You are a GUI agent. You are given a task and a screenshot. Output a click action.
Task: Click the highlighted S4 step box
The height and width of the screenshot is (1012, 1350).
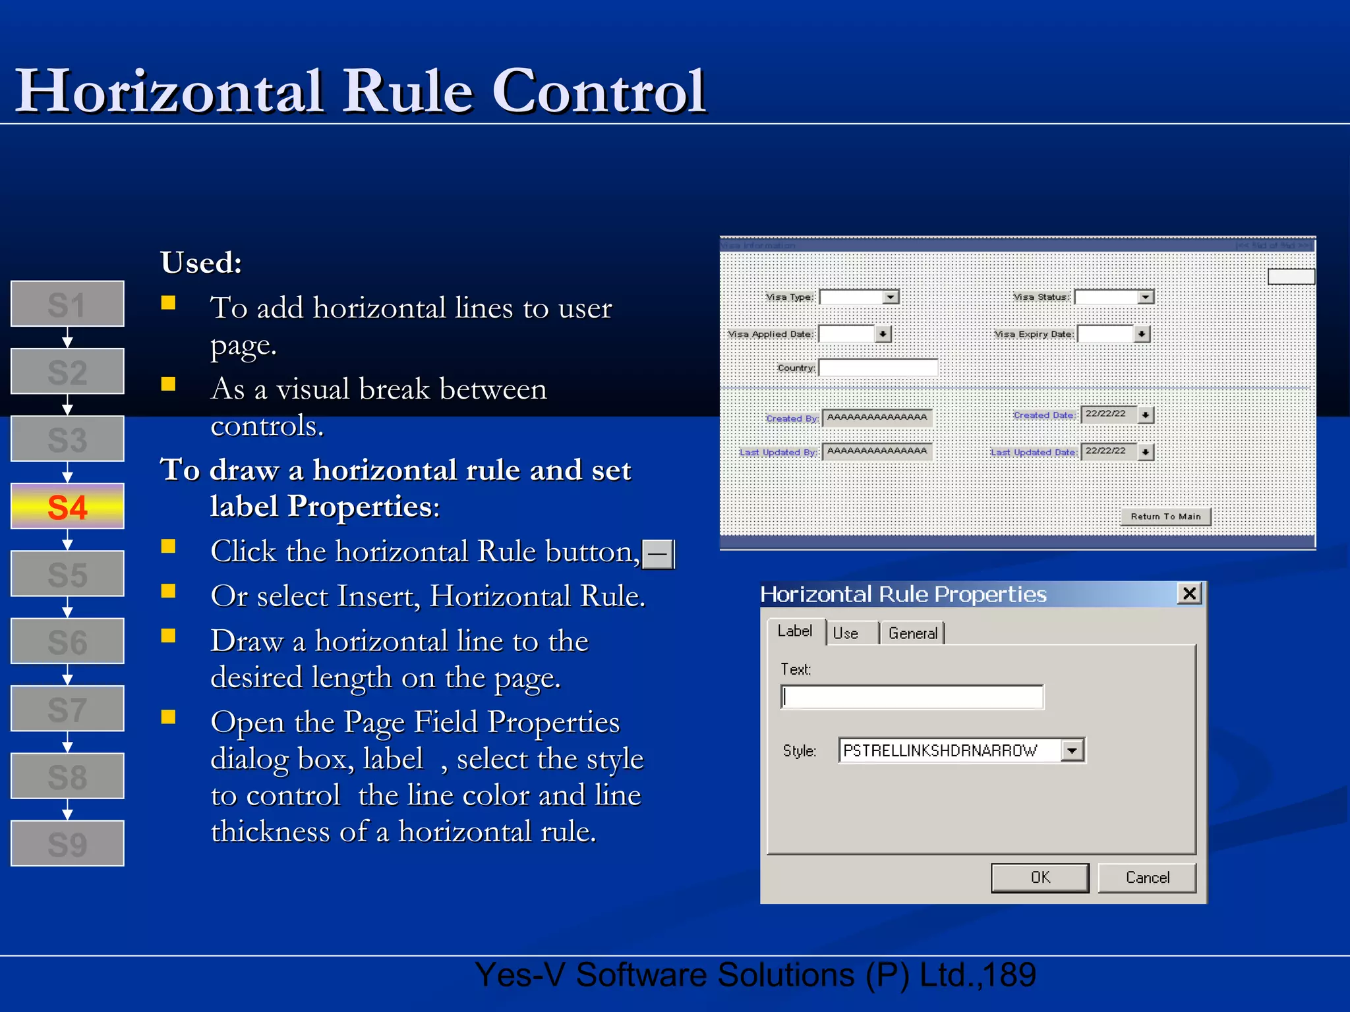coord(67,506)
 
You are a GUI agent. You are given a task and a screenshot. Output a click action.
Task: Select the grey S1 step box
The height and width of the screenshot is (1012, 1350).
coord(67,304)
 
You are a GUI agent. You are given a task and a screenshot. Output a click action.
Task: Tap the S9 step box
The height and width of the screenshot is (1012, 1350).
coord(67,843)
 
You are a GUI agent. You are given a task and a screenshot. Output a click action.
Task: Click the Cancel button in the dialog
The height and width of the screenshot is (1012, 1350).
coord(1147,878)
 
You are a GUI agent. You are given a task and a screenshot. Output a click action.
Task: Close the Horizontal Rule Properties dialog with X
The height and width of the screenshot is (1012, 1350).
coord(1189,594)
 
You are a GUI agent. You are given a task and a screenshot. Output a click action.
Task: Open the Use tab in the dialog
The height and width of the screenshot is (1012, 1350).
coord(846,633)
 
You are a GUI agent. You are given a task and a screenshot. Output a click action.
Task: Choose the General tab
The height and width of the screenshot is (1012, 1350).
coord(912,633)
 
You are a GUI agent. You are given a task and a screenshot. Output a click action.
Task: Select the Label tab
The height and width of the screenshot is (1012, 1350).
coord(795,631)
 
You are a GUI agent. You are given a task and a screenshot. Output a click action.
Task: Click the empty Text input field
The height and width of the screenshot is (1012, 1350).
coord(912,697)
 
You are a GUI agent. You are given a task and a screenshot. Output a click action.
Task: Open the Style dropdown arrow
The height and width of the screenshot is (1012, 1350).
coord(1072,750)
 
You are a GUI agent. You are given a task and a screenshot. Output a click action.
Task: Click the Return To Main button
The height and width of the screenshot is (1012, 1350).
coord(1165,517)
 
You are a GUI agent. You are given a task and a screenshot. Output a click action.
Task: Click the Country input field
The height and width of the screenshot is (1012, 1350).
coord(878,368)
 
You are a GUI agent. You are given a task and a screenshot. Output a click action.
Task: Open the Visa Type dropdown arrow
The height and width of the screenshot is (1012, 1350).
coord(891,297)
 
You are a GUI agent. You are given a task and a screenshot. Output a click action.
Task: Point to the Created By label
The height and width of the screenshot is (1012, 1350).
coord(792,418)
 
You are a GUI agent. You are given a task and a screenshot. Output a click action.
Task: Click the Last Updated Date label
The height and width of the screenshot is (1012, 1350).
coord(1033,453)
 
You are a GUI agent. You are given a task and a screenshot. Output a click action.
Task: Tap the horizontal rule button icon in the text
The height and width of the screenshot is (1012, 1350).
coord(658,553)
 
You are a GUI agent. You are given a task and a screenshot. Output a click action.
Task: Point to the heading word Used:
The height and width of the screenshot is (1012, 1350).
coord(201,262)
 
